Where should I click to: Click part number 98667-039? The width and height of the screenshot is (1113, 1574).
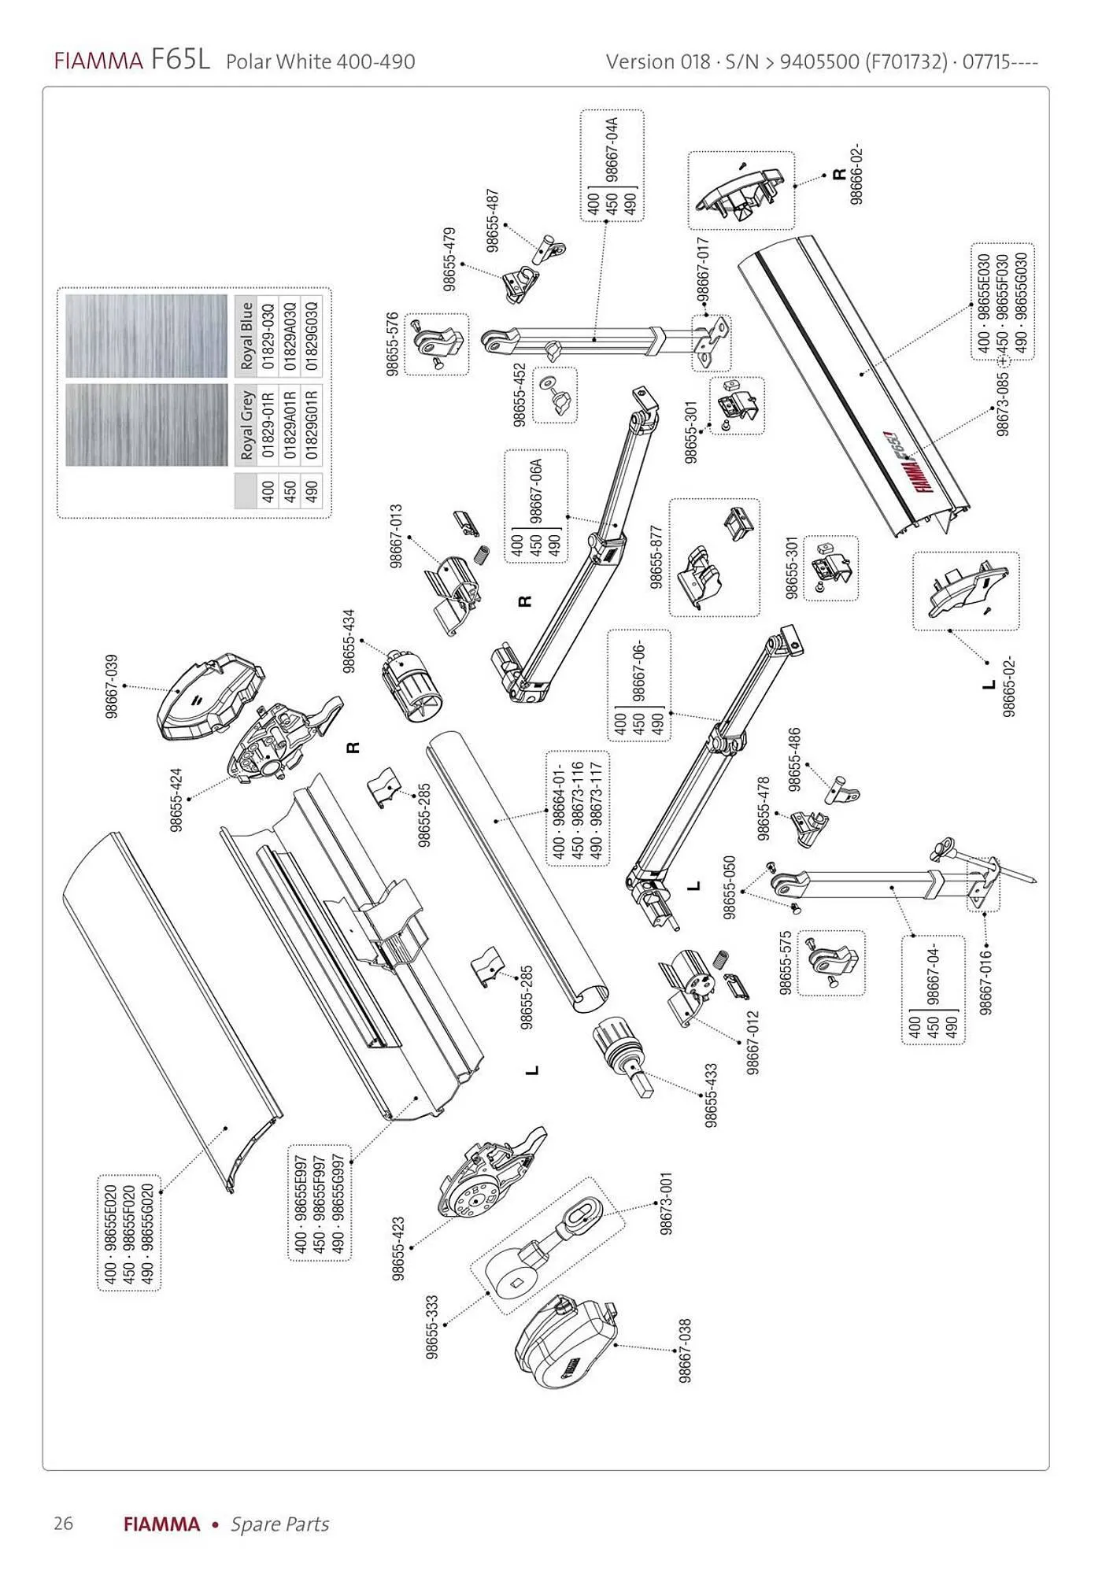pyautogui.click(x=112, y=685)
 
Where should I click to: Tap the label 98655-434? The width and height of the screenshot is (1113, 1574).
pyautogui.click(x=349, y=641)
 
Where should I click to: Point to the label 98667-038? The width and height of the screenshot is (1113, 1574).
pyautogui.click(x=686, y=1350)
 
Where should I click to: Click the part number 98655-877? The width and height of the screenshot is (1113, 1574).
pyautogui.click(x=656, y=557)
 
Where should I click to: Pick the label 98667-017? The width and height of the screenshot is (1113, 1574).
pyautogui.click(x=703, y=270)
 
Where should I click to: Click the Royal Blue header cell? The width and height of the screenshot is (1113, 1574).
pyautogui.click(x=247, y=336)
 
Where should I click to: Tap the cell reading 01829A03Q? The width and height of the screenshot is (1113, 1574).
pyautogui.click(x=289, y=336)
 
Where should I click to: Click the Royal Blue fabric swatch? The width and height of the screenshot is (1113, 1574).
pyautogui.click(x=147, y=336)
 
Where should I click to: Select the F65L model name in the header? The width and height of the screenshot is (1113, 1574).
pyautogui.click(x=181, y=60)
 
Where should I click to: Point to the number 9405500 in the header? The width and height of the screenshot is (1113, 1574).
pyautogui.click(x=819, y=61)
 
